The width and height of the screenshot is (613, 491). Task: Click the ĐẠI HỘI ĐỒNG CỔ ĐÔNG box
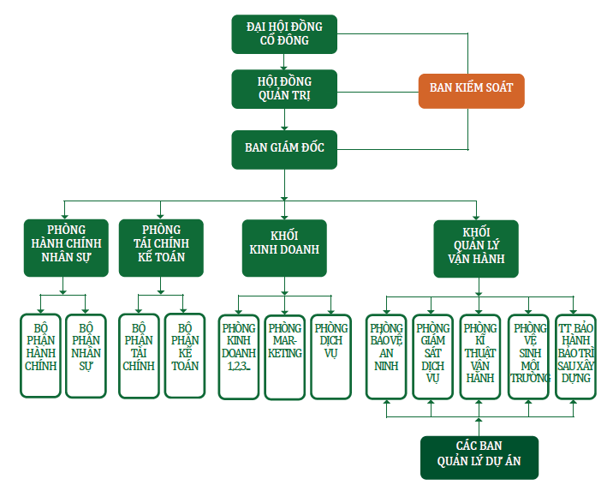284,33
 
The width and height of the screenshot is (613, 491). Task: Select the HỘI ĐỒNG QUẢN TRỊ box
284,89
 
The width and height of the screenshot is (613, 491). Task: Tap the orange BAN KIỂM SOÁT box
471,89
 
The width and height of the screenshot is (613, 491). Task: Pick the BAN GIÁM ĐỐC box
284,148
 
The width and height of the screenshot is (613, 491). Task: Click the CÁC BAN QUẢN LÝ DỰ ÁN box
479,457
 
